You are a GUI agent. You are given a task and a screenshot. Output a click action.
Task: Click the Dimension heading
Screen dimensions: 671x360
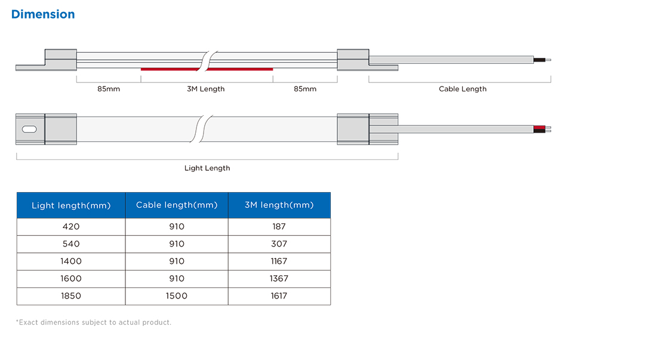click(x=43, y=14)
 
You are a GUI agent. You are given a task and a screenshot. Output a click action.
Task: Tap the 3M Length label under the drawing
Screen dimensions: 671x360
click(x=205, y=89)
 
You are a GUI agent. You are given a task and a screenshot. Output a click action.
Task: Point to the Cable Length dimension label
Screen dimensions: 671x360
click(x=463, y=89)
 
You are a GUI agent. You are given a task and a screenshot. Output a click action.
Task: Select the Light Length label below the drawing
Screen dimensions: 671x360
click(x=207, y=168)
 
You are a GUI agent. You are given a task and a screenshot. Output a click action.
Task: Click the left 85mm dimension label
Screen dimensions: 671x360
click(x=109, y=89)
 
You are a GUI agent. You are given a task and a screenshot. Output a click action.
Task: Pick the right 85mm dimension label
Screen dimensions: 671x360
click(x=305, y=89)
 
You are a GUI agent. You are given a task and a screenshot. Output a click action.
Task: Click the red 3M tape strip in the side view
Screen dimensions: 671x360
click(x=207, y=69)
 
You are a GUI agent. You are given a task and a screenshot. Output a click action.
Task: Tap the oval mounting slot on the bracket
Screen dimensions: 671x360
click(x=29, y=130)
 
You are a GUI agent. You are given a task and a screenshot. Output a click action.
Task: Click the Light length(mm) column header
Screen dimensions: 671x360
click(x=71, y=205)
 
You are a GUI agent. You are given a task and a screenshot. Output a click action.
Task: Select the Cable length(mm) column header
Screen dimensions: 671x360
click(x=177, y=205)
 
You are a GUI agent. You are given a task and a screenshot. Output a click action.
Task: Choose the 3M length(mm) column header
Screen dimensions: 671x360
click(x=279, y=205)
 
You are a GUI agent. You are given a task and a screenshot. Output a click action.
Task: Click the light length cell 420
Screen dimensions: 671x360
click(x=71, y=226)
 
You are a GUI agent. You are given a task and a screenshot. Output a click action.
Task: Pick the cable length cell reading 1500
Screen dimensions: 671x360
click(x=177, y=296)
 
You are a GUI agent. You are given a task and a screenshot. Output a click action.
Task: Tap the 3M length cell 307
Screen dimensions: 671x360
click(x=279, y=244)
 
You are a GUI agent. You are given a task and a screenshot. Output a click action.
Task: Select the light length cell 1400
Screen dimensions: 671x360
click(x=71, y=261)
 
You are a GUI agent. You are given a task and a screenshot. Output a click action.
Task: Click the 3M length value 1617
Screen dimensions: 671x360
click(x=279, y=296)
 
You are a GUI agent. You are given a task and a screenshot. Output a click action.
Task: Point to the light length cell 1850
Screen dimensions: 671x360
click(x=71, y=296)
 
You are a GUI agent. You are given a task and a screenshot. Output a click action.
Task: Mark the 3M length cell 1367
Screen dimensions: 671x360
click(x=279, y=279)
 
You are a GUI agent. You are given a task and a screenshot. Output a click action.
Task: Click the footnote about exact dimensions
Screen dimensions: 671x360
click(x=94, y=322)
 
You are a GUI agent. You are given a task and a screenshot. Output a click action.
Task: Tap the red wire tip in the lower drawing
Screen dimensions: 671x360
click(x=539, y=127)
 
